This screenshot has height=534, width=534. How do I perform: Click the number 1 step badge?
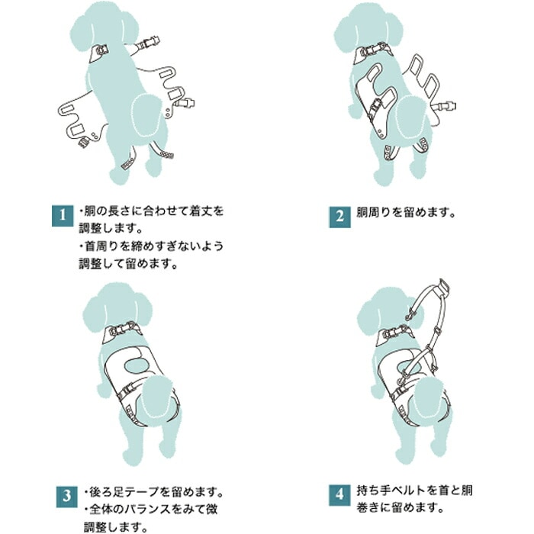click(63, 216)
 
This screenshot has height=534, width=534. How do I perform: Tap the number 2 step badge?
click(339, 217)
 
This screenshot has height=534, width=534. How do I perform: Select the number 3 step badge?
click(67, 497)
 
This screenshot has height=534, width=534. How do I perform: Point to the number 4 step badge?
click(339, 495)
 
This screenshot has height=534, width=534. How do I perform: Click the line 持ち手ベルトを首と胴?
click(414, 491)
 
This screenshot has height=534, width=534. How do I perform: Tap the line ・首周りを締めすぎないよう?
click(151, 246)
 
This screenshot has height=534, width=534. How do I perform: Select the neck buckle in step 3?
click(124, 328)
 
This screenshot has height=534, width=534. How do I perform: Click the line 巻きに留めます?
click(400, 509)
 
